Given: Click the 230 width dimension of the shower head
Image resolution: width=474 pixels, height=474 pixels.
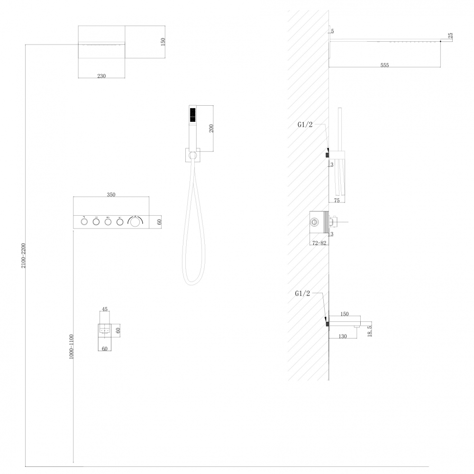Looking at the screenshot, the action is click(101, 76).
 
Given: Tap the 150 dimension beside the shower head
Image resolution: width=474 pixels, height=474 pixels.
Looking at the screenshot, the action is click(163, 42).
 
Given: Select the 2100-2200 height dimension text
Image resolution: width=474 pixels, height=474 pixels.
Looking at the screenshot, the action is click(24, 255).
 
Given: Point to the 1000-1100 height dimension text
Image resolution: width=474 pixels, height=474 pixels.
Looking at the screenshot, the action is click(72, 346).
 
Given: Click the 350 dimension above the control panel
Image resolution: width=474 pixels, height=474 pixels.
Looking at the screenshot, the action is click(111, 195).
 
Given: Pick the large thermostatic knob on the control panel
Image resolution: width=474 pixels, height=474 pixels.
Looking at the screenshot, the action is click(135, 221).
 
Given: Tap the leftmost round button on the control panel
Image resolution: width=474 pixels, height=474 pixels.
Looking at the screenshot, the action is click(84, 222).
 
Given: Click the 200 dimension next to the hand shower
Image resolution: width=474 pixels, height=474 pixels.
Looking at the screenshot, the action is click(211, 128).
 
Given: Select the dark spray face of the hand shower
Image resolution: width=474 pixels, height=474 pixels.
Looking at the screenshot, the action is click(192, 115).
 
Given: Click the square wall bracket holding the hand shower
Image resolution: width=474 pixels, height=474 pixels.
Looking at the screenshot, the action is click(192, 155).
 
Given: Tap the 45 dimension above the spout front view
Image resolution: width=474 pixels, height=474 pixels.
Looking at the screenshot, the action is click(105, 309).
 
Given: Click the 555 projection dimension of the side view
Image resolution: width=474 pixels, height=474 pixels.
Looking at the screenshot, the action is click(384, 65).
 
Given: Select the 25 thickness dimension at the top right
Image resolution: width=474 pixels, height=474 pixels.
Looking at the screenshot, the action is click(450, 36).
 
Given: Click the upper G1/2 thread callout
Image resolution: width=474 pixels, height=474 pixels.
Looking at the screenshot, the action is click(305, 125).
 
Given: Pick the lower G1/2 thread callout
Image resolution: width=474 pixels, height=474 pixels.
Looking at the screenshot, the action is click(302, 293).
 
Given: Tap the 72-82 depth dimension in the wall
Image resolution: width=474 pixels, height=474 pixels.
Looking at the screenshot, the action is click(319, 243).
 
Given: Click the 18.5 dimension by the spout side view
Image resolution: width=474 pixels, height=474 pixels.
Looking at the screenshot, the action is click(369, 331).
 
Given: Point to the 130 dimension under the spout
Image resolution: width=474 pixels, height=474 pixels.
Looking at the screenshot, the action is click(343, 337).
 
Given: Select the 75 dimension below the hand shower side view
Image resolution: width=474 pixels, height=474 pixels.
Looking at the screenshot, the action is click(337, 200).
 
